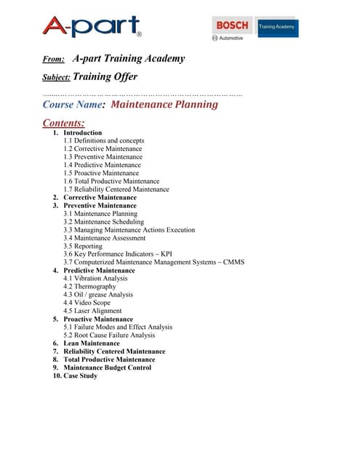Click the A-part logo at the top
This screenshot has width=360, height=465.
[91, 27]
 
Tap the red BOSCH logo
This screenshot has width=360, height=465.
[232, 25]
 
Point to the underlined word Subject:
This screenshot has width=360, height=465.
[57, 76]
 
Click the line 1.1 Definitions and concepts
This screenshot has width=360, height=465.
[103, 141]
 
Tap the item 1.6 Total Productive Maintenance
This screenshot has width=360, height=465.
[112, 182]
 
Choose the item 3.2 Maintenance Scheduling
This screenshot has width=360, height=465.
[103, 222]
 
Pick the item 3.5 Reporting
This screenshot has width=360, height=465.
[83, 246]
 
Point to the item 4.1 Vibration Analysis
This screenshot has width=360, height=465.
[95, 278]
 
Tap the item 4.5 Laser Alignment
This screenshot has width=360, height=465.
[92, 311]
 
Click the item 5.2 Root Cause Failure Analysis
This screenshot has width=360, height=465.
[109, 335]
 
